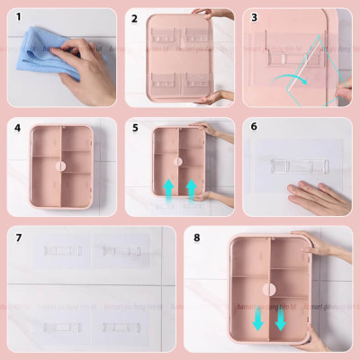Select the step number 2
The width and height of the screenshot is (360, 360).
[x=134, y=17]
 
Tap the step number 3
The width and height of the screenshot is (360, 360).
[x=254, y=17]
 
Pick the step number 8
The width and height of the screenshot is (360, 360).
[x=196, y=239]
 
